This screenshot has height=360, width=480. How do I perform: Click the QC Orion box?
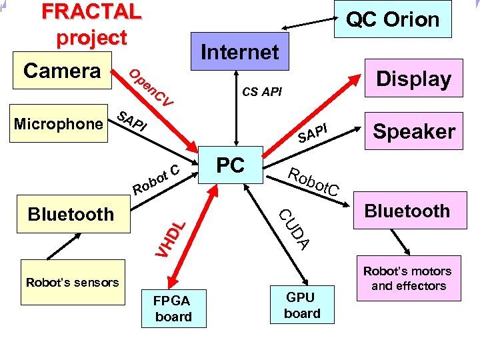click(393, 19)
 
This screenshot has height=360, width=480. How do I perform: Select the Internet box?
click(239, 51)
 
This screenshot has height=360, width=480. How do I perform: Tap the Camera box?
click(61, 70)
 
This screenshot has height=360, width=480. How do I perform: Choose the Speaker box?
click(413, 131)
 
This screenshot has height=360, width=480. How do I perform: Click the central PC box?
click(231, 165)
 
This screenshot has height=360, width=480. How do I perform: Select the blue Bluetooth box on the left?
click(71, 214)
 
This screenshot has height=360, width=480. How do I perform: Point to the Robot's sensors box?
click(72, 282)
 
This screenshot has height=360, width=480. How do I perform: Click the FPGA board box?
click(173, 308)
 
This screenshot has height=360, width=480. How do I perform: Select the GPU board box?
click(302, 305)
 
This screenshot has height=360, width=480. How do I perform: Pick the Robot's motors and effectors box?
click(408, 278)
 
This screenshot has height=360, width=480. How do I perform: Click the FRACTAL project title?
click(91, 24)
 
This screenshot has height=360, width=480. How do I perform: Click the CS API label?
click(261, 91)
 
